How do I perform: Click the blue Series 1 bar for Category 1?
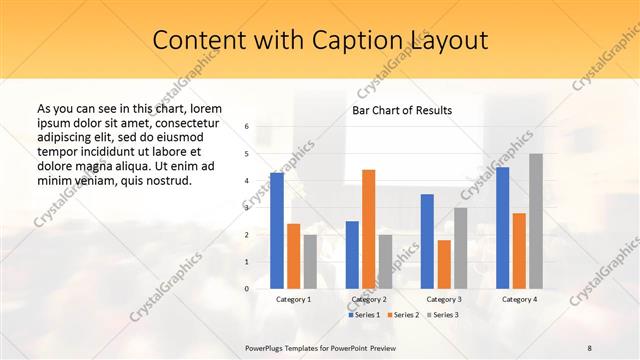coord(277,231)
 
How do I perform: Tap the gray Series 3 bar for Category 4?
coord(536,221)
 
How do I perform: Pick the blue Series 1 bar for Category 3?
coord(427,241)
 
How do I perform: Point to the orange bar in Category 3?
coord(444,264)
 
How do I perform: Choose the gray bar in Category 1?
coord(310,261)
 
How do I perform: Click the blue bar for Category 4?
coord(502,228)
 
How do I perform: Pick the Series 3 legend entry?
coord(444,315)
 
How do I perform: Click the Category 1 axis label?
coord(294,299)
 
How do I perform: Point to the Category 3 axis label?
coord(444,299)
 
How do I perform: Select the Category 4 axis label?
coord(519,299)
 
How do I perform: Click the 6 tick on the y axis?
coord(247,127)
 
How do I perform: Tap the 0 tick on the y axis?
coord(247,288)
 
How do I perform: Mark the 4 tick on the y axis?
coord(247,181)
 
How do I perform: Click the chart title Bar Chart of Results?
coord(402,110)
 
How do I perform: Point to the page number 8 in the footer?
coord(589,347)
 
